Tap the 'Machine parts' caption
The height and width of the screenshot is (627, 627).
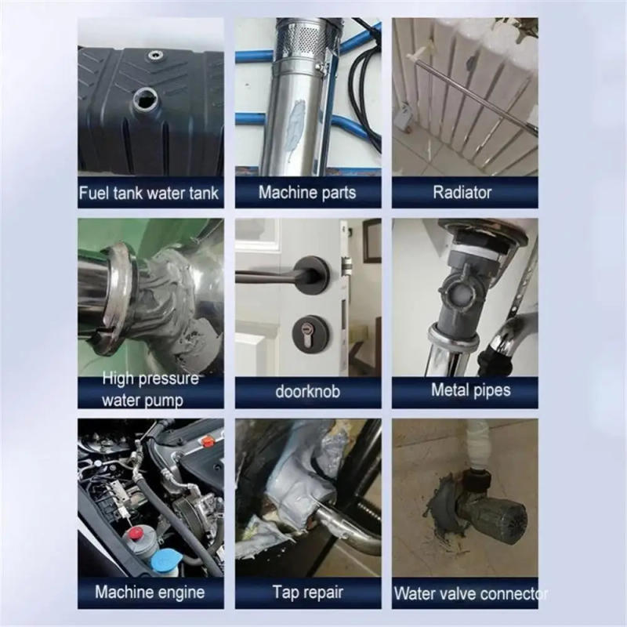click(307, 193)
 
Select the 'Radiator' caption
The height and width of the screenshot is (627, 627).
click(464, 193)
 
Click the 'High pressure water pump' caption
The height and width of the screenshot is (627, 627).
click(150, 390)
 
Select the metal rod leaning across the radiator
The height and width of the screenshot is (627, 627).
click(470, 94)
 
